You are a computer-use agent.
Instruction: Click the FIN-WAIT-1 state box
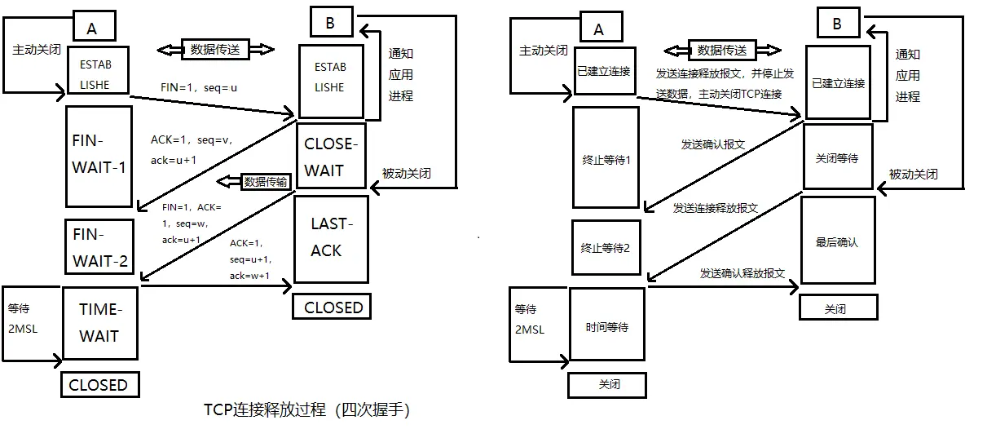(x=99, y=156)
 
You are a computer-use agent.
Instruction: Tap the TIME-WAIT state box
(x=99, y=323)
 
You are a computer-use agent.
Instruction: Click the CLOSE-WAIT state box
(x=331, y=157)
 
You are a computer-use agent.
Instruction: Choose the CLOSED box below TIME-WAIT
(x=99, y=385)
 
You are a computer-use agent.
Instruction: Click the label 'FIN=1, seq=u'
(x=199, y=86)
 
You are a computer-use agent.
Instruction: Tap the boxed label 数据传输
(x=265, y=182)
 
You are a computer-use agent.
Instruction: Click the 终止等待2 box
(x=605, y=248)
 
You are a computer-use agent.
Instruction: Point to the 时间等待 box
(x=606, y=327)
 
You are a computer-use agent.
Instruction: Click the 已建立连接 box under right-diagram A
(x=603, y=71)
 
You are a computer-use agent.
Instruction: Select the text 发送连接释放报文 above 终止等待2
(x=715, y=208)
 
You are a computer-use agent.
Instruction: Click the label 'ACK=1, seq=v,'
(x=192, y=140)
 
